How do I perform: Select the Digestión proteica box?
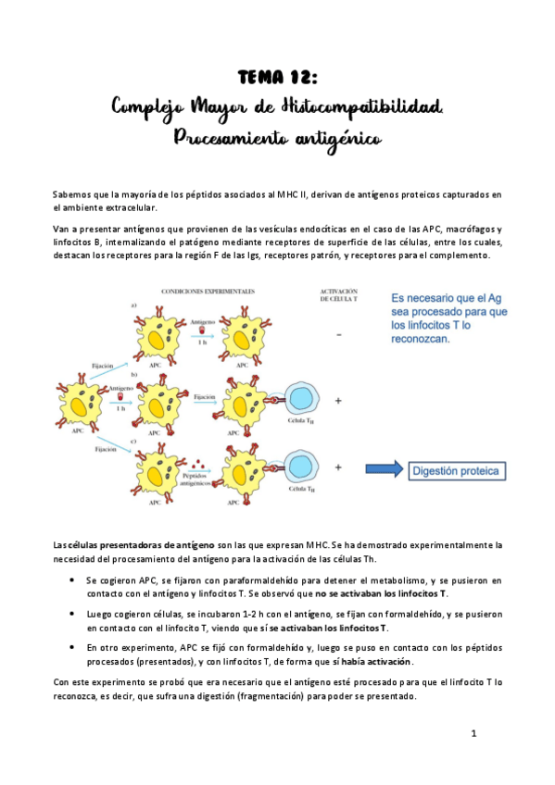[x=459, y=471]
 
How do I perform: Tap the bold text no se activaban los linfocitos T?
[x=381, y=593]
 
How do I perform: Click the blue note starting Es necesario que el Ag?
[x=449, y=319]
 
